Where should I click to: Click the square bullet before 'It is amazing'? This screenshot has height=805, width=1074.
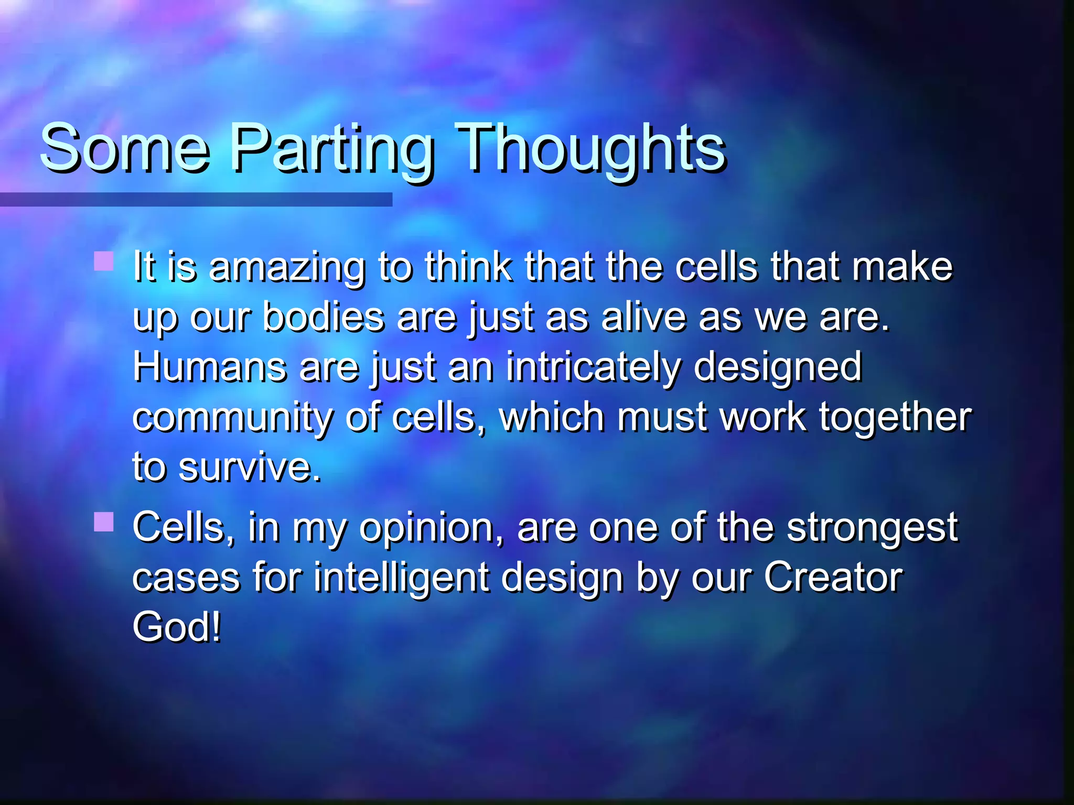(104, 261)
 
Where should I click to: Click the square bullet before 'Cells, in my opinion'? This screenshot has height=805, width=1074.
(104, 521)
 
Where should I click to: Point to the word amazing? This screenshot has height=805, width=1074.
(286, 267)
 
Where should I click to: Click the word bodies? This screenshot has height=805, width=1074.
(323, 318)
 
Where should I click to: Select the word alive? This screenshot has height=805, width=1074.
(643, 318)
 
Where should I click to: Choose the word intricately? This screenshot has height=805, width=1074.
(593, 367)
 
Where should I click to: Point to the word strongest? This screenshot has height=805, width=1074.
(872, 528)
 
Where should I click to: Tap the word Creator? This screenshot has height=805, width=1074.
(833, 578)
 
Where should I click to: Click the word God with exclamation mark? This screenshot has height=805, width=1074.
(176, 627)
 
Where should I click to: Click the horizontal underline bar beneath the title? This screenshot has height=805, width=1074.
(196, 200)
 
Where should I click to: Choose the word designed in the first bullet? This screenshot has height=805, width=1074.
(777, 367)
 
